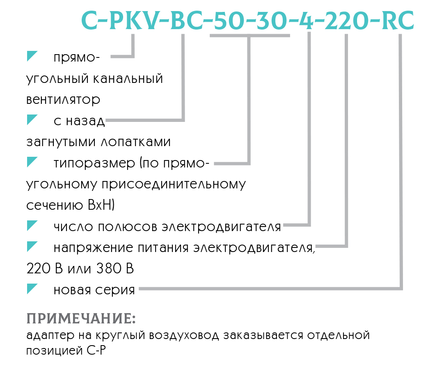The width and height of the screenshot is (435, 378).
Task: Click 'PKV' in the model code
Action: tap(134, 21)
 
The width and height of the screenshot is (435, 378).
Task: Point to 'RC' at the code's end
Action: tap(398, 21)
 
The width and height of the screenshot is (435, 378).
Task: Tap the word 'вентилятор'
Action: tap(63, 100)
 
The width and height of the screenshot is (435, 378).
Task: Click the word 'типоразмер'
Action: tap(94, 163)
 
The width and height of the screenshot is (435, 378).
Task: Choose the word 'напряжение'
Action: tap(94, 248)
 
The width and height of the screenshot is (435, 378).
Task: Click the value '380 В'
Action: tap(115, 268)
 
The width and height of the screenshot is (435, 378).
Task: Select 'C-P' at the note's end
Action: tap(96, 351)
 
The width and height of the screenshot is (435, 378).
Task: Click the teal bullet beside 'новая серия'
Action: tap(32, 289)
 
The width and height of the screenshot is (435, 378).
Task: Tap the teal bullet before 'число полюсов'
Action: tap(32, 226)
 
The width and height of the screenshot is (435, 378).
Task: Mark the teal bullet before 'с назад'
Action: tap(32, 119)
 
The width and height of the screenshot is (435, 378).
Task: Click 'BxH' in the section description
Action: tap(101, 205)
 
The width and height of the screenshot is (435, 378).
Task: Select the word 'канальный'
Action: tap(128, 78)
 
